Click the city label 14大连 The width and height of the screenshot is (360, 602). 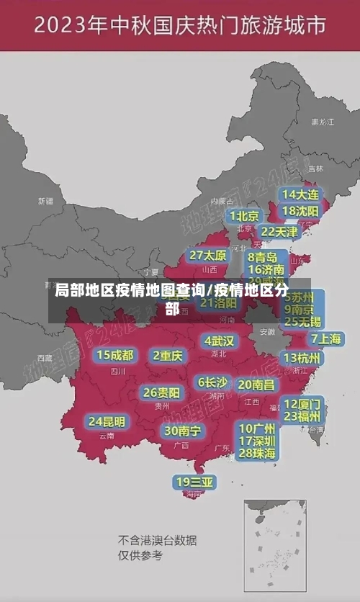tap(300, 194)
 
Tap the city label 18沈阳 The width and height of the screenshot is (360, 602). tap(300, 211)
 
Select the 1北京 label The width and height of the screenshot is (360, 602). tap(244, 215)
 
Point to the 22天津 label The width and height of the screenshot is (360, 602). tap(279, 232)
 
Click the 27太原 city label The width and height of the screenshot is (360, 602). tap(208, 255)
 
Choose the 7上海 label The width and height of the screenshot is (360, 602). tap(325, 338)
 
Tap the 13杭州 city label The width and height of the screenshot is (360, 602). tap(302, 358)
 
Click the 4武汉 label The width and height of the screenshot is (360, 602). tap(219, 340)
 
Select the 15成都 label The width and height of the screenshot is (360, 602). tap(115, 355)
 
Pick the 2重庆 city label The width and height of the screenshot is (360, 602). tap(168, 355)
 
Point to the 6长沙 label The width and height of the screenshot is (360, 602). tap(213, 382)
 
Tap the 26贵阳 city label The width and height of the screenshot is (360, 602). tap(161, 392)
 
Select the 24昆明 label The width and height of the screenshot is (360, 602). tap(107, 421)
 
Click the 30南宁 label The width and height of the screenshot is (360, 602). tap(182, 431)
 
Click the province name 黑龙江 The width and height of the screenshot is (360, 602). tap(322, 122)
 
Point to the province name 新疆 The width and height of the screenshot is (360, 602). tap(45, 201)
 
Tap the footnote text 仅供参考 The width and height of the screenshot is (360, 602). tap(140, 555)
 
